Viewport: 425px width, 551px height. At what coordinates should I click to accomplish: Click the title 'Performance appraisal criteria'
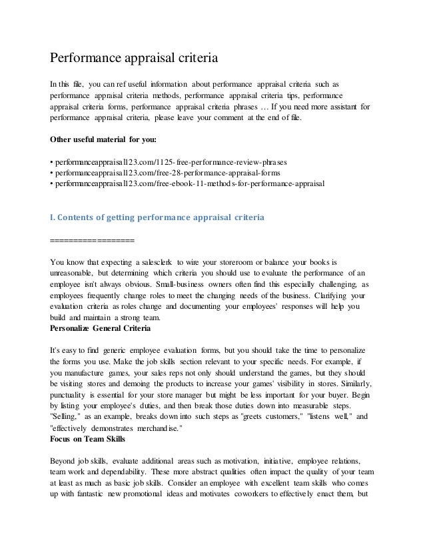click(135, 59)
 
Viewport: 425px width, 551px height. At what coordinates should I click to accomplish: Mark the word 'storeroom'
click(252, 261)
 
